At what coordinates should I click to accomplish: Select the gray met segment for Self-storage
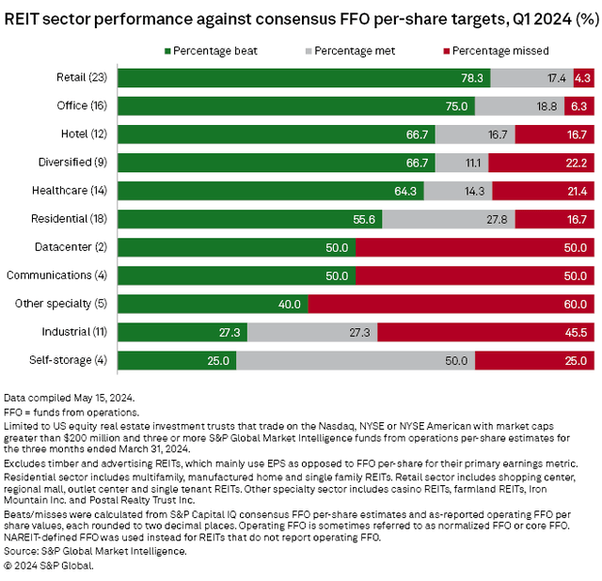355,360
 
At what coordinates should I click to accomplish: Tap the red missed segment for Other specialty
451,304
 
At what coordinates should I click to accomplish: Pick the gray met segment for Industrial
312,332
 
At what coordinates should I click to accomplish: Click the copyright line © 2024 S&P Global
49,566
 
